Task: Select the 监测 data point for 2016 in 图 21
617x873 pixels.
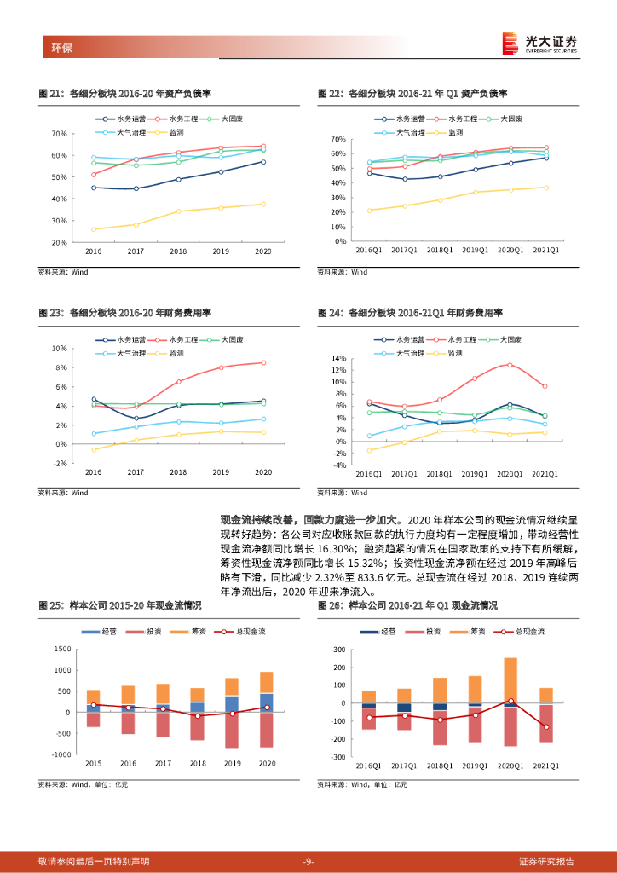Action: pyautogui.click(x=94, y=229)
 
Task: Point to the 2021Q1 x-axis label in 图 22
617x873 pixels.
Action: pyautogui.click(x=545, y=251)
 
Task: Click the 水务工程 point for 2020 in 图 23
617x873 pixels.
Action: pyautogui.click(x=263, y=362)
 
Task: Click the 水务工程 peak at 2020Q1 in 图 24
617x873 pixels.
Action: pyautogui.click(x=510, y=365)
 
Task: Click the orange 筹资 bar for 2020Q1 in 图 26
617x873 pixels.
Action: pyautogui.click(x=510, y=680)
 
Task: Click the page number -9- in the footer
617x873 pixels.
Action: pyautogui.click(x=308, y=861)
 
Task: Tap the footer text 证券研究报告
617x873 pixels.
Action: pyautogui.click(x=546, y=861)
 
